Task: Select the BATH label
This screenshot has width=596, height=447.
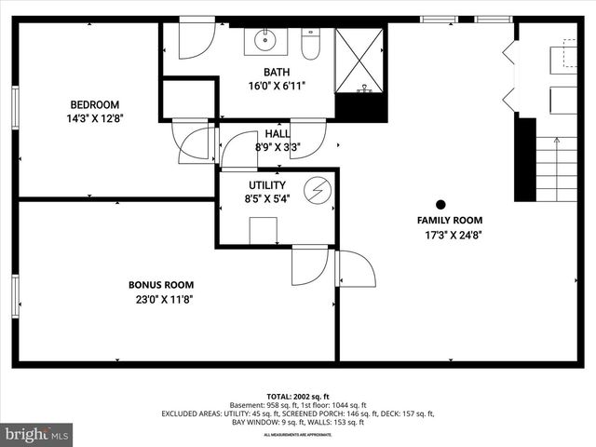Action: [277, 72]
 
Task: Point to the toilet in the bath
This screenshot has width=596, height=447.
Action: [311, 44]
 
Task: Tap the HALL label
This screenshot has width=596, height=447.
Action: [277, 134]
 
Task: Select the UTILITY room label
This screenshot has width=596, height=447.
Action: [266, 184]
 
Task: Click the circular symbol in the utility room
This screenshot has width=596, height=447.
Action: [319, 189]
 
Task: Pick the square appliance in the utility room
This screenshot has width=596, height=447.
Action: [264, 230]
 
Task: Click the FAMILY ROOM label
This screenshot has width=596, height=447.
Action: [449, 220]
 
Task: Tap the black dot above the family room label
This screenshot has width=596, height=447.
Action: [440, 204]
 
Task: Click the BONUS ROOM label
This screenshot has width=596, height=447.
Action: [161, 284]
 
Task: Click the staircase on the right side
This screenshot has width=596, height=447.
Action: [557, 168]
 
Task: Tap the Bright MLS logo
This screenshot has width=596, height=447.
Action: [37, 433]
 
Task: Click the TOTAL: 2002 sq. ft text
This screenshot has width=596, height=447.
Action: [297, 397]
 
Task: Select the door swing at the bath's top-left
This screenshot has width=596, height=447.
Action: [195, 39]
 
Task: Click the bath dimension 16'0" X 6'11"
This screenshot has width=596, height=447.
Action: [277, 86]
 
